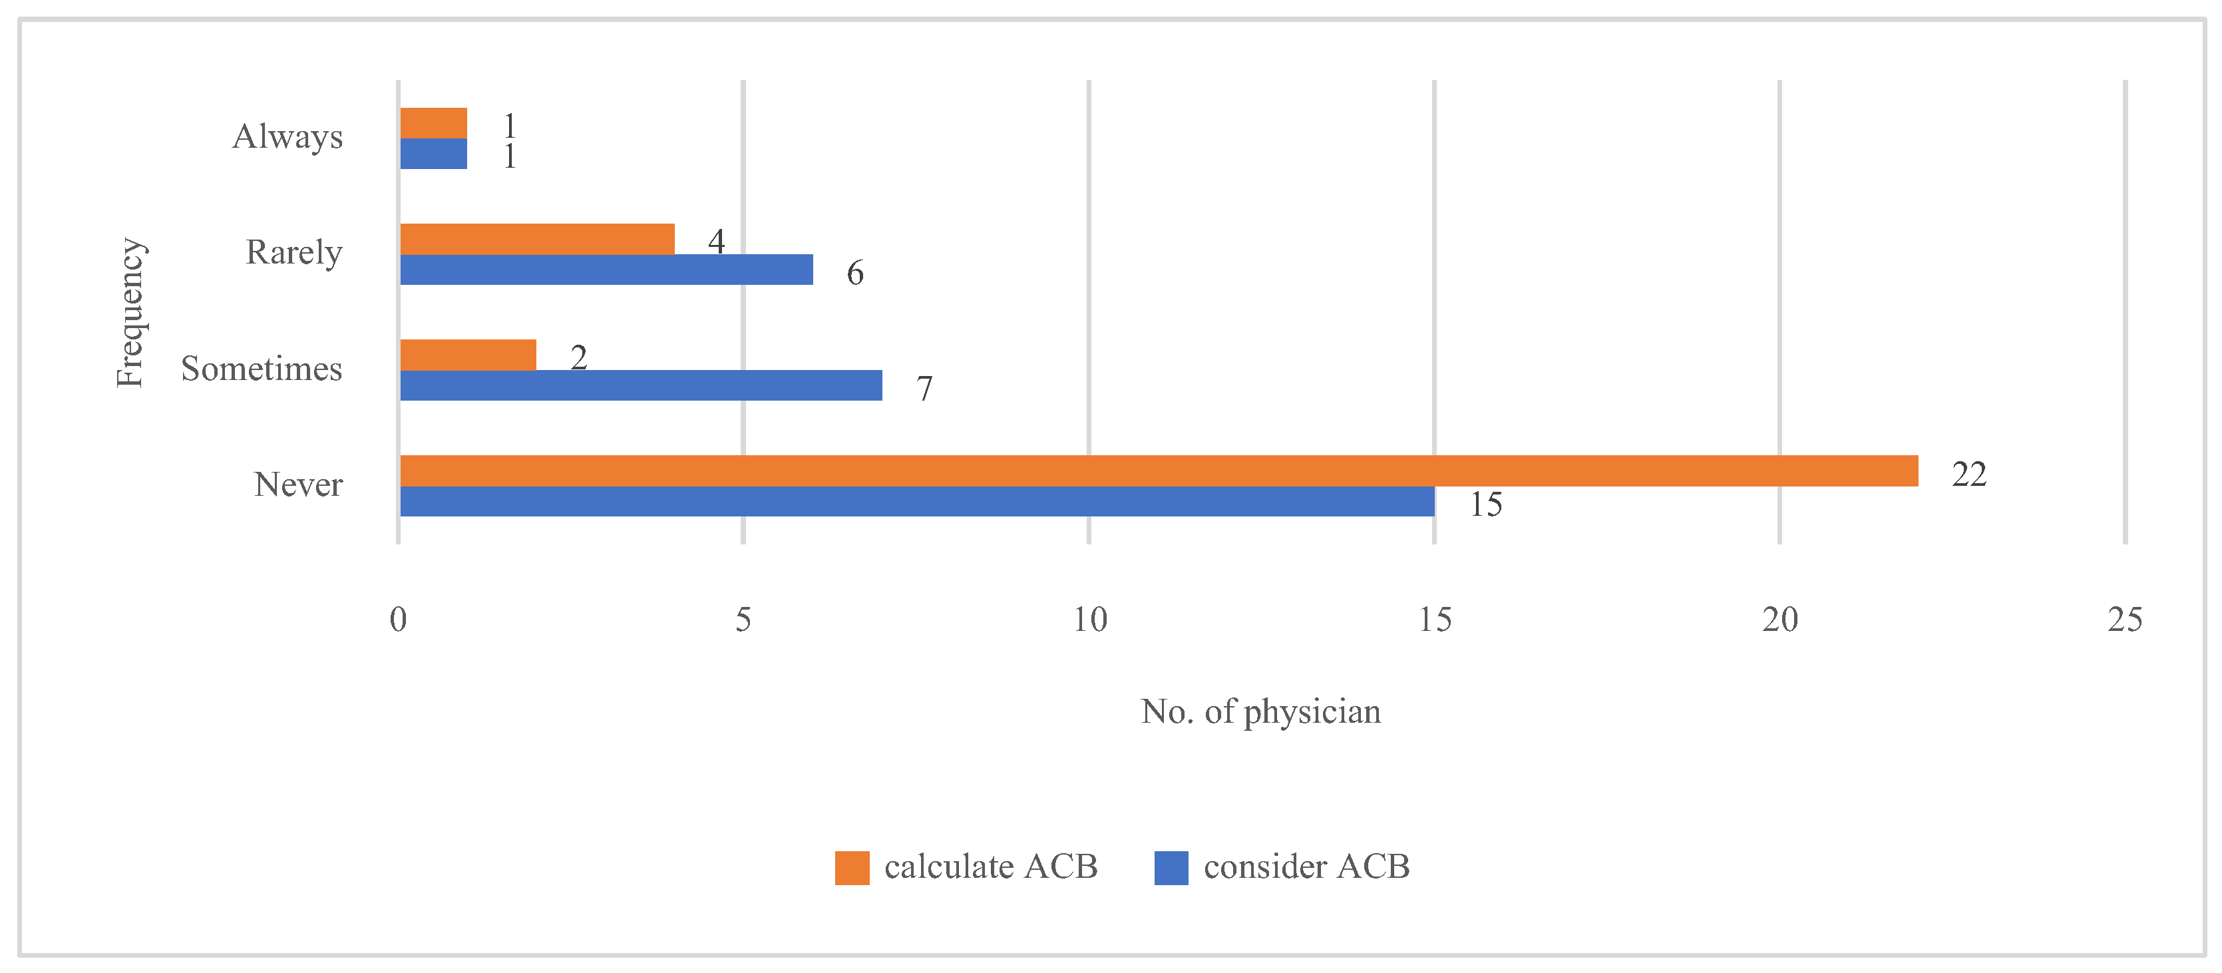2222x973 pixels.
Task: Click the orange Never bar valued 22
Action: (1159, 471)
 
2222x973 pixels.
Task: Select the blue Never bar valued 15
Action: (917, 501)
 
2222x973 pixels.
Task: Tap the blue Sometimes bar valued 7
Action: (641, 385)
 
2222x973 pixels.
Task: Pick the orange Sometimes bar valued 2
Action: (468, 355)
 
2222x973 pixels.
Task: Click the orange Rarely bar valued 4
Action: (538, 239)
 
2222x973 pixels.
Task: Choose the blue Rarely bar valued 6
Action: (606, 269)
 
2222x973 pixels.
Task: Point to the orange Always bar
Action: (434, 123)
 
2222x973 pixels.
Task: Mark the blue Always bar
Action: (434, 154)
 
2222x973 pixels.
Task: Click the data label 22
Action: (1969, 475)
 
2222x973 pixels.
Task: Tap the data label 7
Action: (924, 389)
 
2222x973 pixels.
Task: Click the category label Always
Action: (287, 137)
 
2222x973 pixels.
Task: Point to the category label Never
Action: (297, 485)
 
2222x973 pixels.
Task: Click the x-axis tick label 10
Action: (1089, 620)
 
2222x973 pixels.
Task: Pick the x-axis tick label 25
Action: (2125, 620)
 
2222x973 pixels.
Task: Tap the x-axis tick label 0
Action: (398, 620)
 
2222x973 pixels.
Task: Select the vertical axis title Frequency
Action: (130, 312)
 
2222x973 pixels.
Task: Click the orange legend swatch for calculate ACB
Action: (851, 868)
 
